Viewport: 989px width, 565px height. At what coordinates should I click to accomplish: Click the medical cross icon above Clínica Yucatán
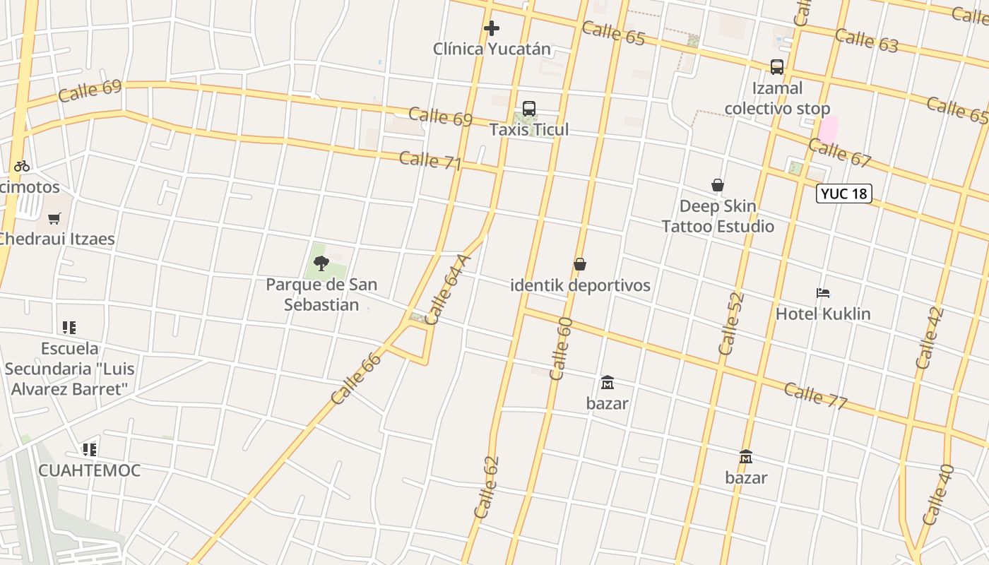point(492,28)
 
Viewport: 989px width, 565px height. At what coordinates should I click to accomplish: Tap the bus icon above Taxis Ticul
point(529,109)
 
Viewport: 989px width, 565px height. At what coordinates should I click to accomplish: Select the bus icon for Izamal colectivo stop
point(777,67)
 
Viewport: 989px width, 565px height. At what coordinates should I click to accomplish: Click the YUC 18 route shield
point(844,194)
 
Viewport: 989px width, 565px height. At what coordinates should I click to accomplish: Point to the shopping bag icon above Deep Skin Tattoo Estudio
point(718,185)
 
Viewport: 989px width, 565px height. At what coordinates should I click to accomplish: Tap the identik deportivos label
point(580,285)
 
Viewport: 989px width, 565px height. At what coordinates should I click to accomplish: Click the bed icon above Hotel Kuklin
point(823,292)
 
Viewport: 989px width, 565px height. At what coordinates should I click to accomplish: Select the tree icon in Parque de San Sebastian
point(321,264)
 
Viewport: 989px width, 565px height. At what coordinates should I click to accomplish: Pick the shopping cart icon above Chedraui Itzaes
point(54,218)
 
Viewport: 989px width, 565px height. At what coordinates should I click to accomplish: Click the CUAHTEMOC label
point(89,470)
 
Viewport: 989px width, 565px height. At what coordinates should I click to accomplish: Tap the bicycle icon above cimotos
point(22,166)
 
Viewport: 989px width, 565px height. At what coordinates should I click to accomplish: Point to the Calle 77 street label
point(815,395)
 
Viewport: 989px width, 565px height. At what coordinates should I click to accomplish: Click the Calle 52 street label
point(730,323)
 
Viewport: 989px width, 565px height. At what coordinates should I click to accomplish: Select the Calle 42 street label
point(929,338)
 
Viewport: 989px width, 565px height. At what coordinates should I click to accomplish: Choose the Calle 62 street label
point(487,487)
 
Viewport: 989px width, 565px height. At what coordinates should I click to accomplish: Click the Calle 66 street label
point(356,379)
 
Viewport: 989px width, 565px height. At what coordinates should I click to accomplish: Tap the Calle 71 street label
point(430,161)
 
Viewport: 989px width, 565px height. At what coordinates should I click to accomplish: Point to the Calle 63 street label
point(866,40)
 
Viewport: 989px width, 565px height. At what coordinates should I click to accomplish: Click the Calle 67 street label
point(839,153)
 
